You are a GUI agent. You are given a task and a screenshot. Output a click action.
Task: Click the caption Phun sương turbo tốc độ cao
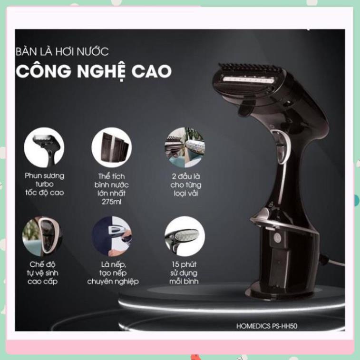44,185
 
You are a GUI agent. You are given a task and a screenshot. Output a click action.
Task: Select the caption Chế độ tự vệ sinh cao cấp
41,272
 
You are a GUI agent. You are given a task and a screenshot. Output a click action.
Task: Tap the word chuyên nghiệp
113,281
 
